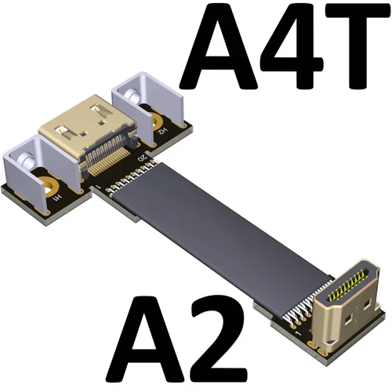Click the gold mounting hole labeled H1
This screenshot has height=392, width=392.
click(48, 188)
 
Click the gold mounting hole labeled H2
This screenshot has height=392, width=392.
click(160, 122)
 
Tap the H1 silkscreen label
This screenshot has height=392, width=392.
click(60, 201)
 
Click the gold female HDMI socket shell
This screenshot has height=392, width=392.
click(86, 125)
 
